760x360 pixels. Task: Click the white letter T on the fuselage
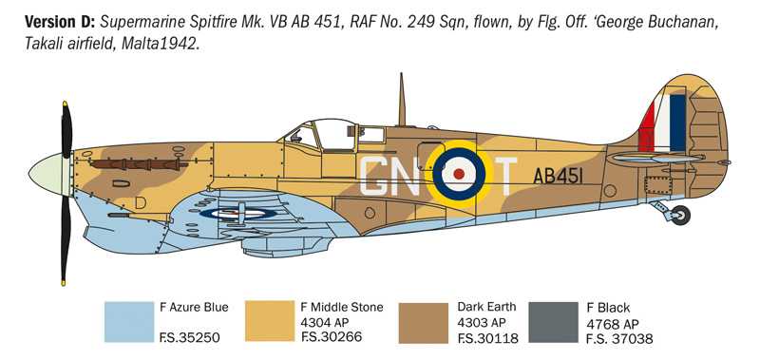pyautogui.click(x=507, y=176)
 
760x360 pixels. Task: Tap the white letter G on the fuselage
pyautogui.click(x=377, y=176)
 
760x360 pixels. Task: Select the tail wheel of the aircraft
pyautogui.click(x=678, y=216)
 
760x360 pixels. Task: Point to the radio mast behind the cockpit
pyautogui.click(x=402, y=101)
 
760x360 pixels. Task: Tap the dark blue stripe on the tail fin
pyautogui.click(x=677, y=123)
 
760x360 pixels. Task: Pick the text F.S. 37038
pyautogui.click(x=620, y=338)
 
